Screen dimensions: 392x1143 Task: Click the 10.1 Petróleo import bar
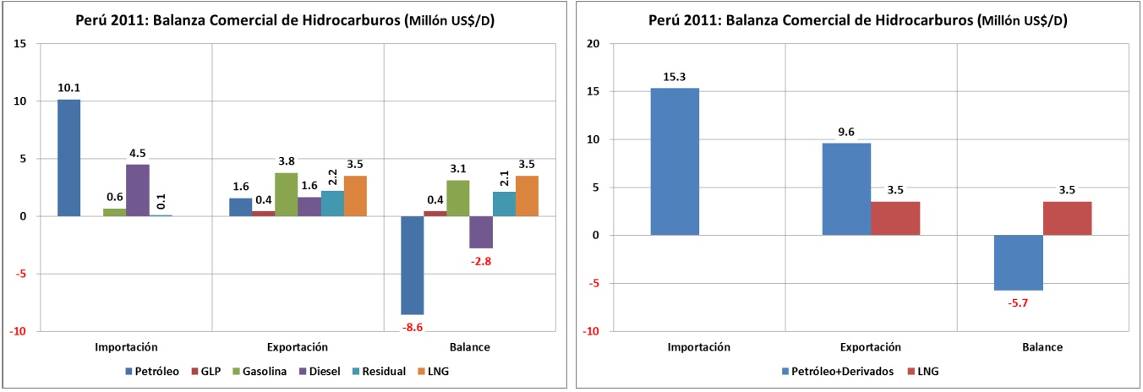[x=69, y=158]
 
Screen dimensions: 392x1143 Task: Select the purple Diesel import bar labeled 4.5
[x=138, y=190]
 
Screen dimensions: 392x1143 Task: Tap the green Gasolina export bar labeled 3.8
[x=286, y=194]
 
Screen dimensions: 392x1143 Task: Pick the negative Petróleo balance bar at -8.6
[x=412, y=265]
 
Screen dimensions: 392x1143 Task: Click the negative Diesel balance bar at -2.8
[x=481, y=232]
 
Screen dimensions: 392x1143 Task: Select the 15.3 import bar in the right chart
[x=675, y=161]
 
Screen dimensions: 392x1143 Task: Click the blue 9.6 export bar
[x=846, y=189]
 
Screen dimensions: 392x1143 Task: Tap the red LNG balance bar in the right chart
[x=1067, y=218]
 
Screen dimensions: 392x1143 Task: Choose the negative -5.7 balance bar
[x=1018, y=263]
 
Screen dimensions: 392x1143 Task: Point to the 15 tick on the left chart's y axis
[x=19, y=44]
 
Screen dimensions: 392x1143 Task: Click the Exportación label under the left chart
[x=297, y=347]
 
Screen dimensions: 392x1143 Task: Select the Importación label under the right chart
[x=699, y=347]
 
